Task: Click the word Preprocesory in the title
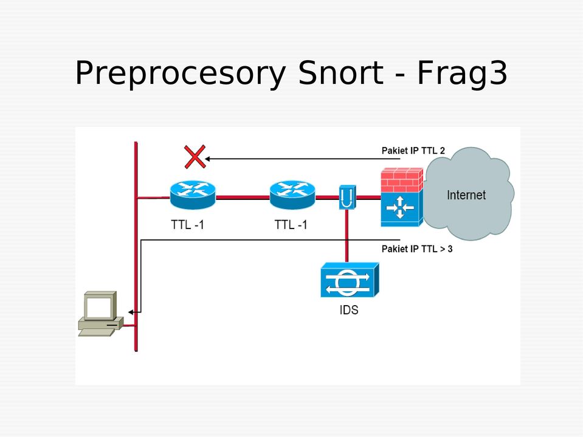(181, 73)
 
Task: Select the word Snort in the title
(340, 72)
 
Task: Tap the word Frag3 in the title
(462, 73)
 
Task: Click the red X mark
(195, 156)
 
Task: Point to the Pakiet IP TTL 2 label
(413, 151)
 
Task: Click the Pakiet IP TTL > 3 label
(417, 249)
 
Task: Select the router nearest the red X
(193, 194)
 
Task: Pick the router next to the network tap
(292, 194)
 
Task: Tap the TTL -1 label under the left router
(187, 225)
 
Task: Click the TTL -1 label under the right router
(291, 225)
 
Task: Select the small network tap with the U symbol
(347, 198)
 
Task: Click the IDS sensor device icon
(350, 280)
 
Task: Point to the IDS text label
(349, 309)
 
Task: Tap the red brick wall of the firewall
(402, 181)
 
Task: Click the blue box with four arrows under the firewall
(402, 209)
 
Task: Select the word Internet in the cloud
(466, 195)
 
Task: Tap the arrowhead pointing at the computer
(131, 312)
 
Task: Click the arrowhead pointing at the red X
(207, 159)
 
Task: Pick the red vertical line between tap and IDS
(347, 236)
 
